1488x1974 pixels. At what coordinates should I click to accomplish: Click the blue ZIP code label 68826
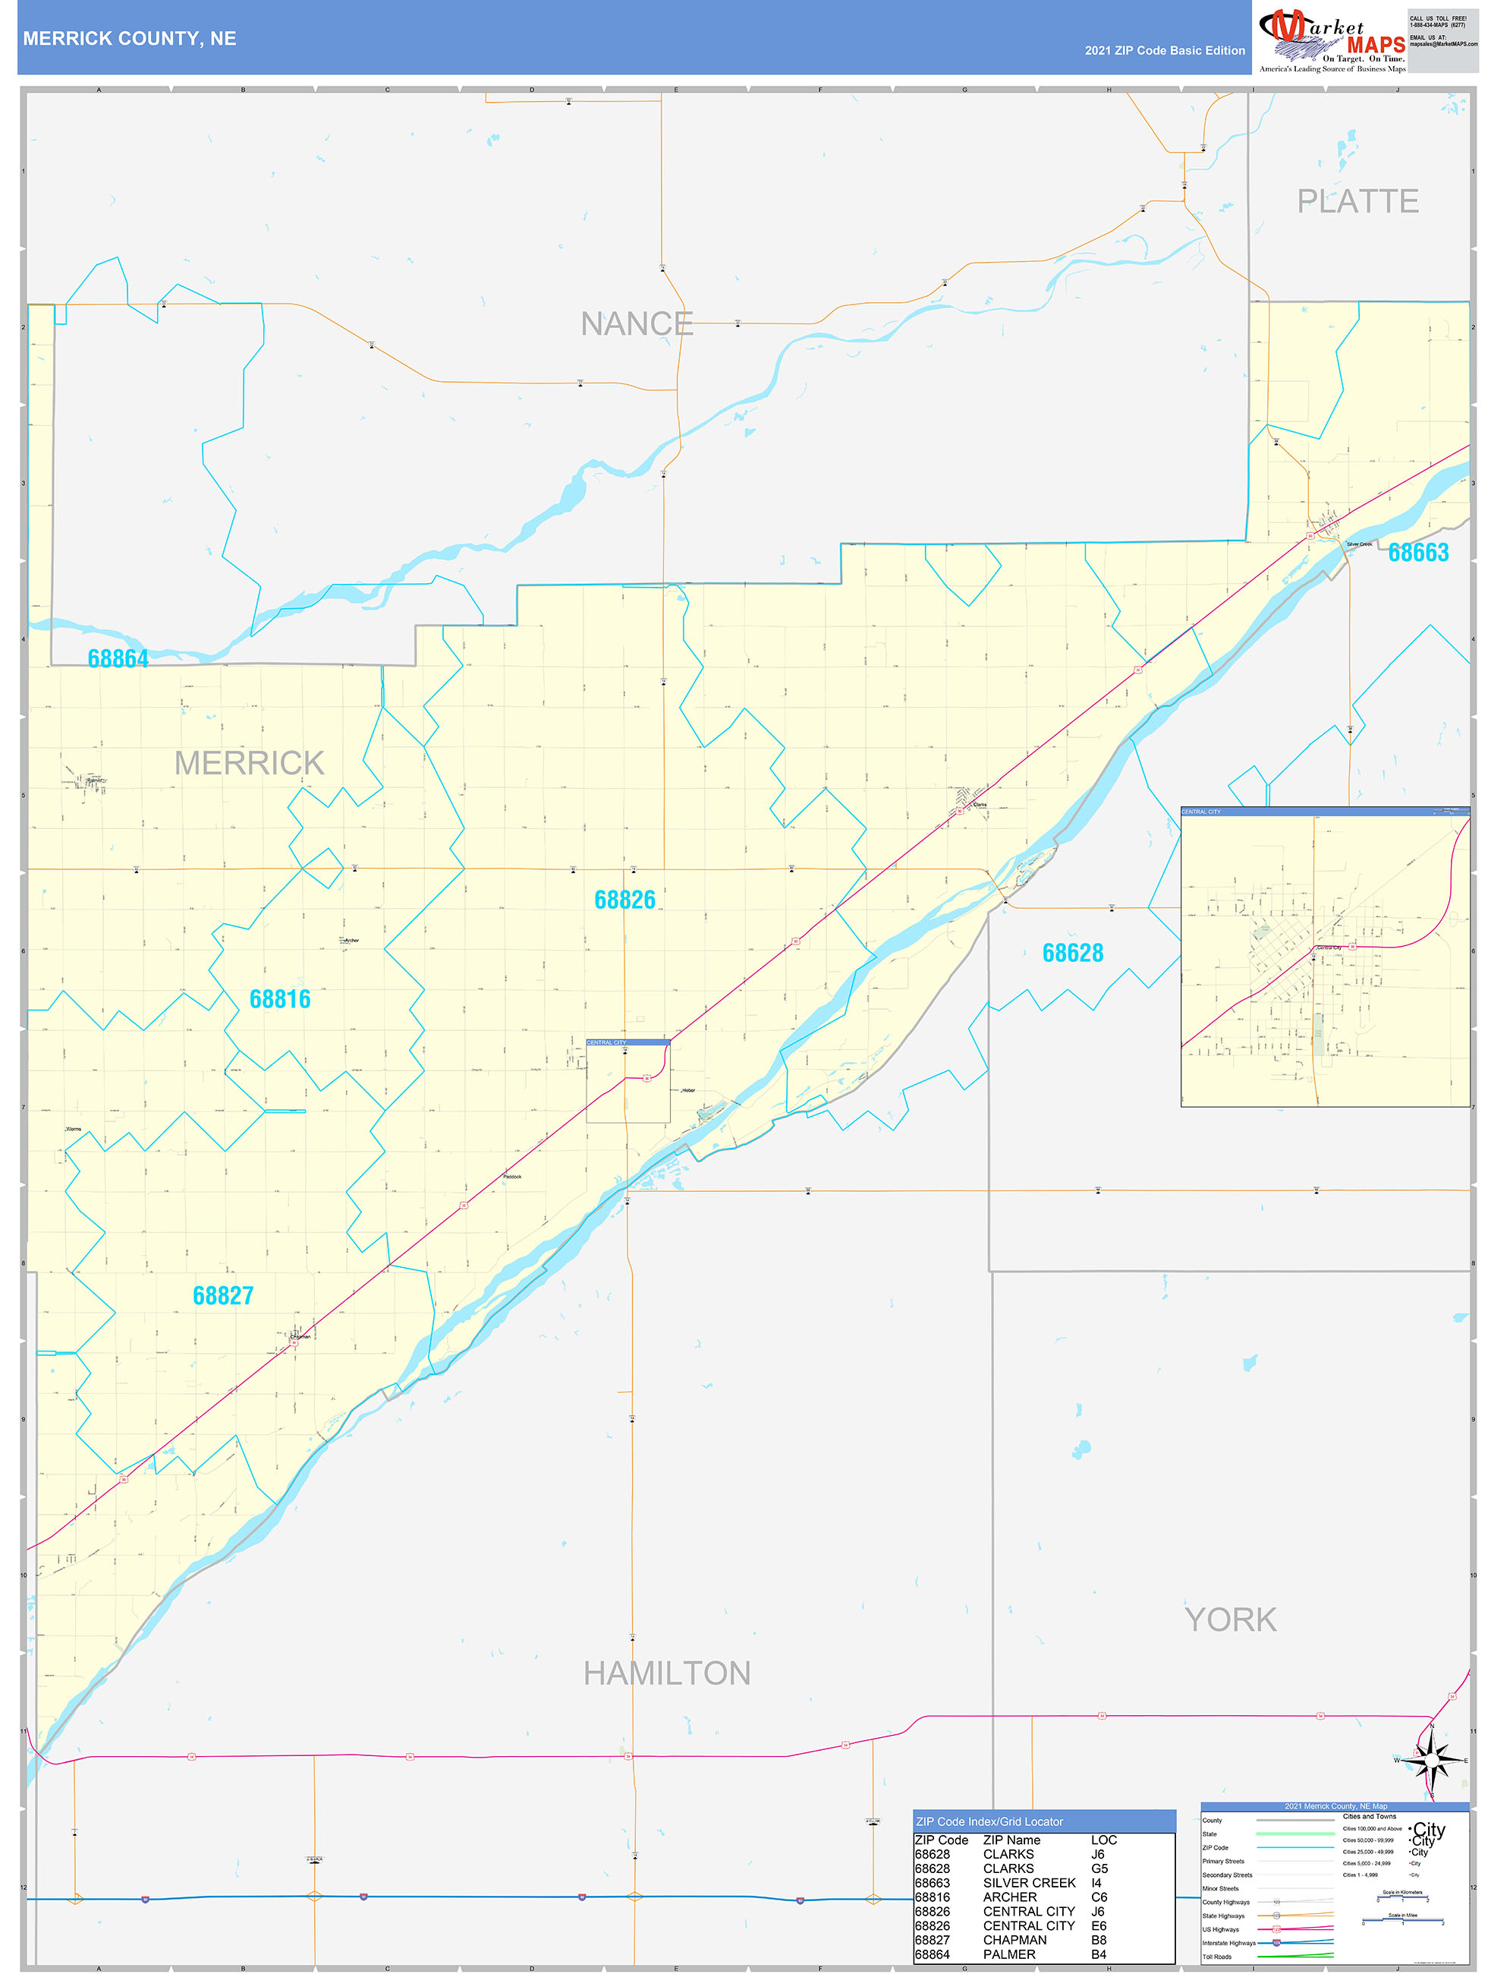pos(624,900)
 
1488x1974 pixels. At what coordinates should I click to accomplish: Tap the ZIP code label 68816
pos(280,998)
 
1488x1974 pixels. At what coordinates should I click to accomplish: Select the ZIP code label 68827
pos(223,1295)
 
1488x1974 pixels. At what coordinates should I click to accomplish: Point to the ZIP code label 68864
pos(118,658)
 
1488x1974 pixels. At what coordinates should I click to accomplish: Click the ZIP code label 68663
pos(1417,553)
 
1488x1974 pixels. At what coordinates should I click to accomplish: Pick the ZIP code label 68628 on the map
pos(1072,953)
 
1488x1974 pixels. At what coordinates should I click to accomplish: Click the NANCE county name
pos(636,324)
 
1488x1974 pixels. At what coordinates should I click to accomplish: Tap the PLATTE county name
pos(1357,202)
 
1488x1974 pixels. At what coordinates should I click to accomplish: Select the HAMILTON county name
pos(666,1673)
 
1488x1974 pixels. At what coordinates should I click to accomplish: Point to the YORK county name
pos(1230,1619)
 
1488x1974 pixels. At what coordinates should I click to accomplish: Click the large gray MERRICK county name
pos(249,763)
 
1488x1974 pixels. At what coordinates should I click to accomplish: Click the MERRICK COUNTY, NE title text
pos(129,39)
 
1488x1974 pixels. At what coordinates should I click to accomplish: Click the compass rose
pos(1431,1760)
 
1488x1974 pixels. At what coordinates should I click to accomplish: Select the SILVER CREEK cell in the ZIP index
pos(1029,1883)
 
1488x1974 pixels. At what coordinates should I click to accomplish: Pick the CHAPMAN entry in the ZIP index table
pos(1015,1940)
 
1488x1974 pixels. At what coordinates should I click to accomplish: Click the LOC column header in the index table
pos(1103,1840)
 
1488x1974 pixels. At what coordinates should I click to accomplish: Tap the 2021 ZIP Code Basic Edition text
pos(1164,51)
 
